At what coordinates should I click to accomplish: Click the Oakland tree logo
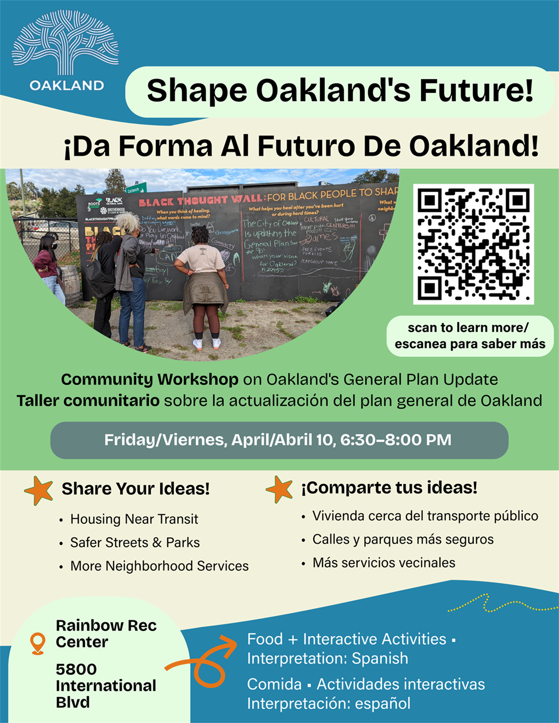65,44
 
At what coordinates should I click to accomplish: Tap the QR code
473,244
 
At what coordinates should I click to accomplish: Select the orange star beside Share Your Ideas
39,490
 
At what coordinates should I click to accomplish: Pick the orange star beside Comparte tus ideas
279,489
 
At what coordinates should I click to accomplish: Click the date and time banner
279,440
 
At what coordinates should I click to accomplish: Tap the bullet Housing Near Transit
134,519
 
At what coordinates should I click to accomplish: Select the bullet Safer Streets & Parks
135,543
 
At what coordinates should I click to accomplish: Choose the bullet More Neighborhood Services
159,566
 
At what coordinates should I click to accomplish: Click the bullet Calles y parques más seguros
403,540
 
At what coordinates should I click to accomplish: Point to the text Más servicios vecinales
383,563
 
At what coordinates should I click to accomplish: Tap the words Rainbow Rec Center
106,633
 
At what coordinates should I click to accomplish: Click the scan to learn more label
470,336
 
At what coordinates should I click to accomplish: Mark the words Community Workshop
150,379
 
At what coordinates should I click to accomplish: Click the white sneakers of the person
206,344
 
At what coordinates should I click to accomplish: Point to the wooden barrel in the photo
72,284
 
